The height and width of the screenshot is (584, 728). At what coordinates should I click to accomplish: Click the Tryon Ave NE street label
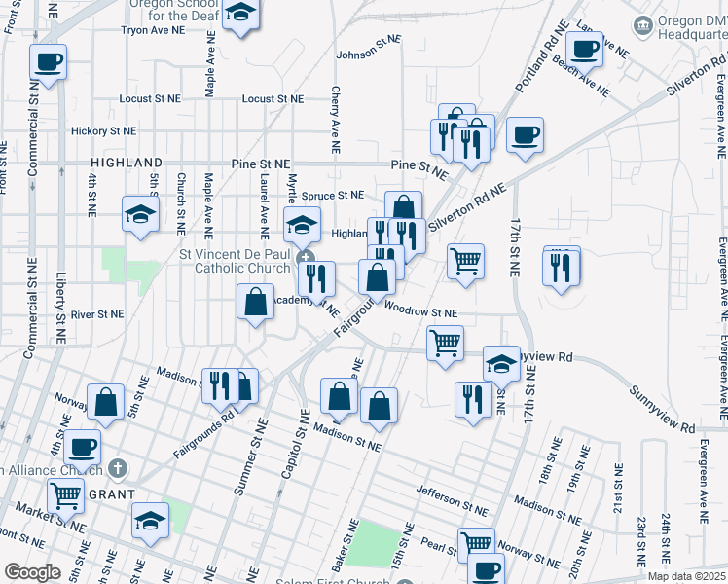[152, 30]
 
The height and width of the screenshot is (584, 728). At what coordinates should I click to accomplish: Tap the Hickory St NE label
[103, 130]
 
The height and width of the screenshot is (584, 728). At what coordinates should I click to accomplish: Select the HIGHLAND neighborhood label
[127, 163]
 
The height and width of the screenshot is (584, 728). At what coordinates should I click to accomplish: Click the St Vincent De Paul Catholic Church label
[236, 261]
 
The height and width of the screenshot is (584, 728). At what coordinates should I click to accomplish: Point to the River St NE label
[97, 314]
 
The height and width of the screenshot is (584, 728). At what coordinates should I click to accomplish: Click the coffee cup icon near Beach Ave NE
[584, 49]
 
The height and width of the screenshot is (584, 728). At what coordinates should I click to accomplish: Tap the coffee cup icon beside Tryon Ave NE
[48, 64]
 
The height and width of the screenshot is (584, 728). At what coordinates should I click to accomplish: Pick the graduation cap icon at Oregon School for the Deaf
[239, 16]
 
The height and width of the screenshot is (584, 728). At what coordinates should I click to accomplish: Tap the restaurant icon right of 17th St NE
[561, 267]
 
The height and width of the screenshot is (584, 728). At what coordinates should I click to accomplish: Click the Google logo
[32, 571]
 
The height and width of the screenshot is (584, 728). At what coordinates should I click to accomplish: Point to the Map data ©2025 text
[686, 576]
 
